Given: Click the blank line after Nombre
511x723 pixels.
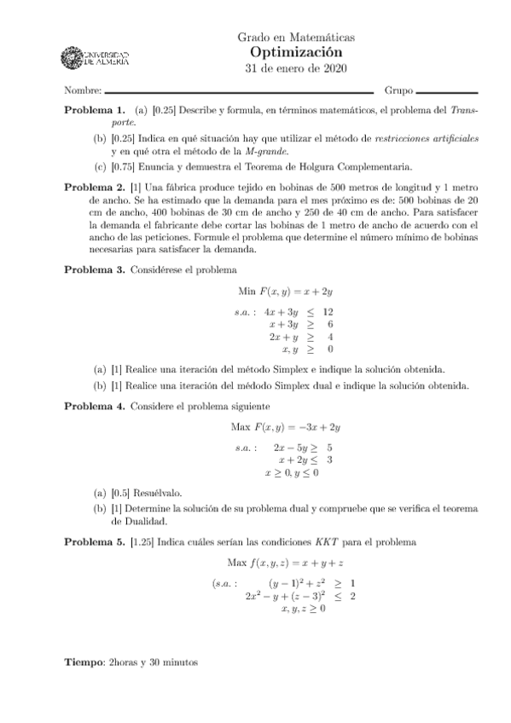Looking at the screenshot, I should (239, 90).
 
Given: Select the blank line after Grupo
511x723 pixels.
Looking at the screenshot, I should (447, 90).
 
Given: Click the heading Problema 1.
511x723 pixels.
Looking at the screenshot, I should (96, 110).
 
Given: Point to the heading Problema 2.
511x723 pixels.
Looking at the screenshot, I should (96, 185).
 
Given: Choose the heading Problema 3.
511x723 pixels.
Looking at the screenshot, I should (96, 269).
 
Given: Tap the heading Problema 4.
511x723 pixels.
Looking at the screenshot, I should (96, 406).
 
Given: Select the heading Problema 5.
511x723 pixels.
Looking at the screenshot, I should (96, 542).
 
